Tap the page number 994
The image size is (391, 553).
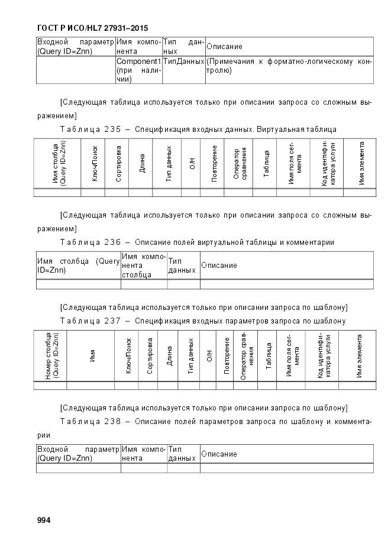pyautogui.click(x=44, y=520)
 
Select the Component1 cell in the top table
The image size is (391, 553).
pyautogui.click(x=138, y=62)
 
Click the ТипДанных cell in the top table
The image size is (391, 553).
pyautogui.click(x=183, y=62)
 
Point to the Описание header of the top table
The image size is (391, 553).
pyautogui.click(x=224, y=46)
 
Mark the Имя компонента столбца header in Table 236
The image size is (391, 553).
pyautogui.click(x=143, y=266)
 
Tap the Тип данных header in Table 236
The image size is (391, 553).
pyautogui.click(x=182, y=266)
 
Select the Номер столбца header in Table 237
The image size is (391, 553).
pyautogui.click(x=51, y=355)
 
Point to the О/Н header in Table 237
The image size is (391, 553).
pyautogui.click(x=209, y=355)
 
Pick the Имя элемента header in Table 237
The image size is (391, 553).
pyautogui.click(x=358, y=355)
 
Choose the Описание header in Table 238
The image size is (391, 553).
pyautogui.click(x=219, y=454)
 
